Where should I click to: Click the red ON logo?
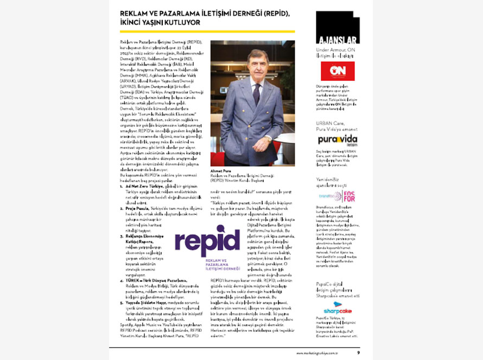tap(337, 71)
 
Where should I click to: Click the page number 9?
tap(359, 353)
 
